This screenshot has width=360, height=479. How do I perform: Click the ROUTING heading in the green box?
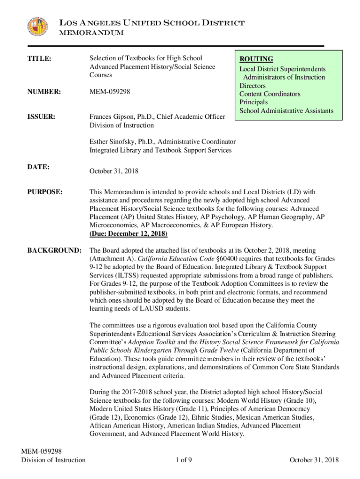click(256, 59)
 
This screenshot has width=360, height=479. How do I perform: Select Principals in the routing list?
click(253, 102)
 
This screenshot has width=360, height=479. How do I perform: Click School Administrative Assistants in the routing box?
click(286, 111)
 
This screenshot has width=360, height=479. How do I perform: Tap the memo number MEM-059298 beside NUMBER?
click(110, 92)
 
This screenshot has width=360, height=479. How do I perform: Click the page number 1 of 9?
click(184, 460)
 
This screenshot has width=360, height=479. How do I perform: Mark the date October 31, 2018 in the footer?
click(314, 460)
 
